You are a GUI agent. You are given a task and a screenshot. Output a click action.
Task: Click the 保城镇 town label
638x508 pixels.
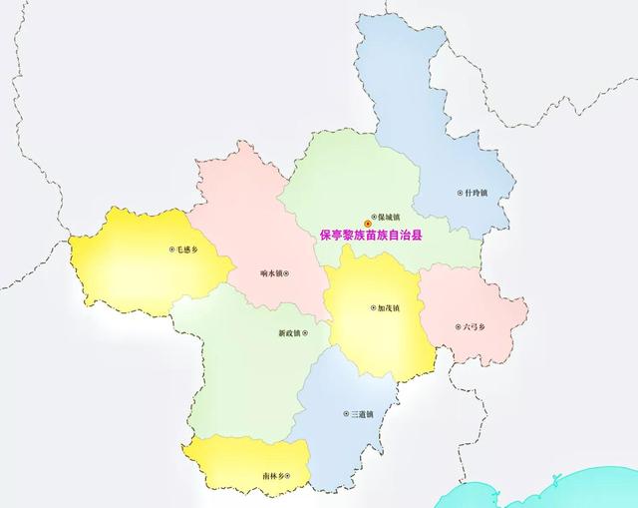point(388,217)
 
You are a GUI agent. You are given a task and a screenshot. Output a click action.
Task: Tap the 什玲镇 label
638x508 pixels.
point(476,193)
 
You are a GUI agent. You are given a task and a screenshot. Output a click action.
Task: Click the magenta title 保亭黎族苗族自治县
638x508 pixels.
point(371,237)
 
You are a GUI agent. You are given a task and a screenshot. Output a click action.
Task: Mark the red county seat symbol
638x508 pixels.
point(366,225)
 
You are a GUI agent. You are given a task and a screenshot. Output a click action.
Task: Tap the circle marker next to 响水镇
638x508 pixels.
point(288,272)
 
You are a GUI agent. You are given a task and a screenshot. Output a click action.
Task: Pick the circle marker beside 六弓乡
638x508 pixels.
point(458,325)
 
